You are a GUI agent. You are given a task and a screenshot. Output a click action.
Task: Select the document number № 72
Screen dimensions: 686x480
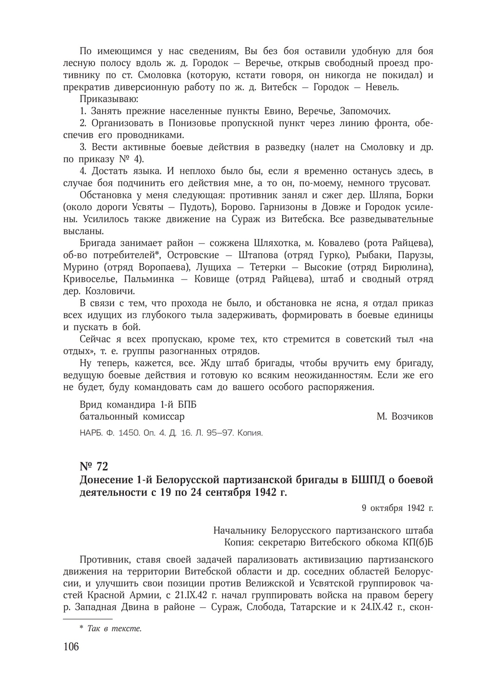pyautogui.click(x=94, y=467)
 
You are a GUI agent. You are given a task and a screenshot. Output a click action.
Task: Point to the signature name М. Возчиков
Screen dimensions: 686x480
pyautogui.click(x=405, y=417)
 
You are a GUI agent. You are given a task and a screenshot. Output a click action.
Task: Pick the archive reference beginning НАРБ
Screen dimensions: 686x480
pyautogui.click(x=171, y=433)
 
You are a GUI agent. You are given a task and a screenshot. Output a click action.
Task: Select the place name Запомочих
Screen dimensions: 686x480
pyautogui.click(x=365, y=111)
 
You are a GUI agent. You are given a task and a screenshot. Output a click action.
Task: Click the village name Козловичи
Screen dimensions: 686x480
pyautogui.click(x=110, y=291)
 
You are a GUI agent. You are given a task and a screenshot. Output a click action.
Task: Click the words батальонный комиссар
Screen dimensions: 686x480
pyautogui.click(x=132, y=417)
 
